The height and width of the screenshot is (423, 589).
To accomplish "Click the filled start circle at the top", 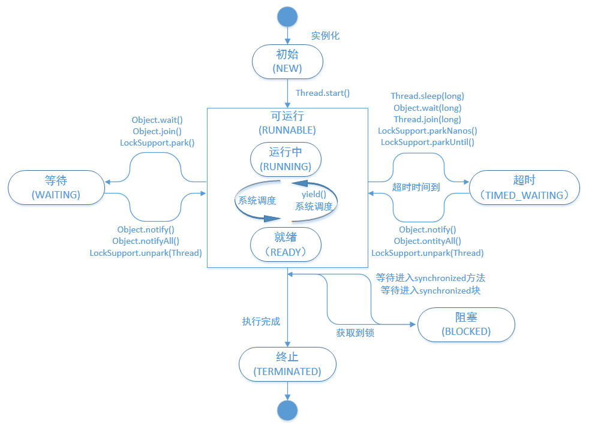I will click(288, 16).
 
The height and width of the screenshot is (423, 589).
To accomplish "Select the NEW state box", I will click(288, 62).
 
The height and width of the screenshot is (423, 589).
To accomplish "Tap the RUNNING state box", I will click(286, 159).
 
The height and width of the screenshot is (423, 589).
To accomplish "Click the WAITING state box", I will click(56, 186).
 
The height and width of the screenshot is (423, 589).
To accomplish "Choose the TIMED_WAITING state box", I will click(524, 187).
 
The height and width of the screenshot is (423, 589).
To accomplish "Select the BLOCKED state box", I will click(466, 324).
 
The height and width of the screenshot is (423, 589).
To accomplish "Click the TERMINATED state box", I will click(287, 364).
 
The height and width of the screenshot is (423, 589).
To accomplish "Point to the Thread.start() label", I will click(323, 93).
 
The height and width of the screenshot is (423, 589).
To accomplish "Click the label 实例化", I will click(325, 35).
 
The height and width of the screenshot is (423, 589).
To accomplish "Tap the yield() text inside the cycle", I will click(313, 194).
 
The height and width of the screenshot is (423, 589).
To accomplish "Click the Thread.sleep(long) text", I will click(427, 96).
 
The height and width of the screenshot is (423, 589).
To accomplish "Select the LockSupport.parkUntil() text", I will click(427, 142).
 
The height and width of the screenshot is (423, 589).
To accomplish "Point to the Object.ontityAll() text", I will click(427, 241).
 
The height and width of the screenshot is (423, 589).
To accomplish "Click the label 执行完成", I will click(261, 322).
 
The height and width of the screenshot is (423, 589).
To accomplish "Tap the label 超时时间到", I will click(416, 187).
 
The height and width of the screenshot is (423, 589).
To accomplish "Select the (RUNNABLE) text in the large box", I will click(287, 129).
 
